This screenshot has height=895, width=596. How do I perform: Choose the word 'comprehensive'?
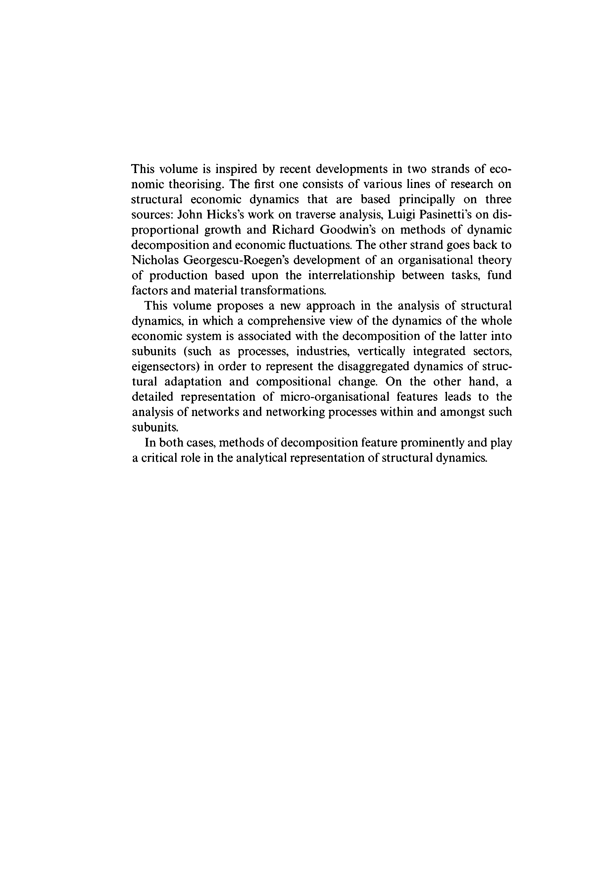[285, 321]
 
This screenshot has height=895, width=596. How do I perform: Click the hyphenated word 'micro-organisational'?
[334, 397]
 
